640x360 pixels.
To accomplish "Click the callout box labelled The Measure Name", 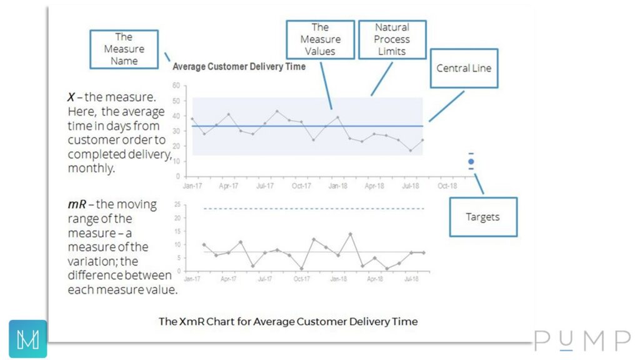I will coord(124,49).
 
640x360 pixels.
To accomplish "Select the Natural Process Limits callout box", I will coord(392,39).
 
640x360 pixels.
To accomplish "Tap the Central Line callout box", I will coord(464,68).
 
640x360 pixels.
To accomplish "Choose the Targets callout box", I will coord(482,217).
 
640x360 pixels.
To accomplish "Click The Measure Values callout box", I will coord(320,39).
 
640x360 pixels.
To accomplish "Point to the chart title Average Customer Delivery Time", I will coord(239,66).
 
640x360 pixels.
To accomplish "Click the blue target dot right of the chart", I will coord(471,162).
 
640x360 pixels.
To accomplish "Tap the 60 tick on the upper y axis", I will coord(176,86).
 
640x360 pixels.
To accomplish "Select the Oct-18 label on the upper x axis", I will coord(447,186).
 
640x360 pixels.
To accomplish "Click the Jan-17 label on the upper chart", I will coord(192,186).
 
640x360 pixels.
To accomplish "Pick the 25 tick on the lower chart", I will coord(177,205).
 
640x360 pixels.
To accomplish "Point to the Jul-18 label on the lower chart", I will coord(411,279).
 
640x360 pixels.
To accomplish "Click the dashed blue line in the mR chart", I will coord(312,209).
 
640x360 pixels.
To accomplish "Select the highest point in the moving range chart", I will coord(351,234).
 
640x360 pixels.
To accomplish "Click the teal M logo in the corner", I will coord(28,339).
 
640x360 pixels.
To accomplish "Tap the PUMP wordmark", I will coord(582,341).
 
